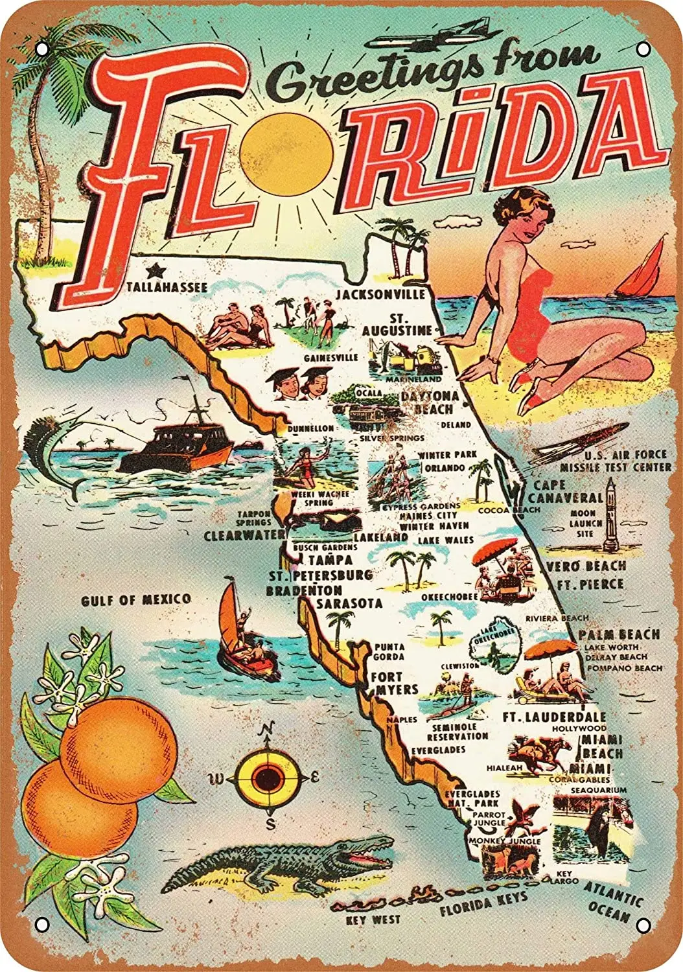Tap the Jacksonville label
click(x=380, y=295)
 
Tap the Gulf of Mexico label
click(x=136, y=600)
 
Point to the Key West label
click(x=373, y=919)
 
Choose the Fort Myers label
click(x=394, y=683)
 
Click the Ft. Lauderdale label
click(x=555, y=717)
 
